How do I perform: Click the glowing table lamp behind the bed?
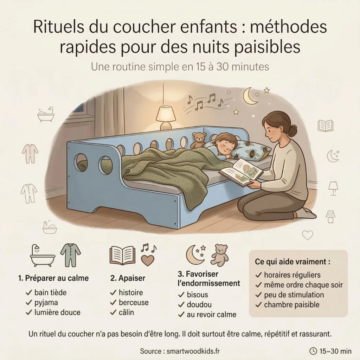click(166, 115)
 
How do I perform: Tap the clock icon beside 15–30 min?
click(313, 351)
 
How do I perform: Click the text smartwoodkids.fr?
click(194, 351)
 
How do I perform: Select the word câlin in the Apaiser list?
click(126, 312)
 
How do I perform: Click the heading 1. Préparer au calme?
click(53, 278)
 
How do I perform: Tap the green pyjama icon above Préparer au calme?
click(70, 255)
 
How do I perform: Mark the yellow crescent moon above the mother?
click(251, 96)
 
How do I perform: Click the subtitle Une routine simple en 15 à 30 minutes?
click(180, 66)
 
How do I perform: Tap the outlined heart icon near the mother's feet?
click(307, 235)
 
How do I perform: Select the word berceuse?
click(134, 302)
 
